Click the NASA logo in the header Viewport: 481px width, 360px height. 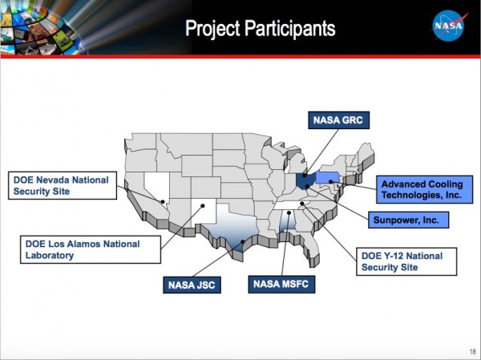450,26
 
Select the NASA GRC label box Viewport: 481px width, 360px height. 336,121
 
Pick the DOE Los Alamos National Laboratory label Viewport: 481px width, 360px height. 81,249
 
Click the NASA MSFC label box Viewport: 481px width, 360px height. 281,284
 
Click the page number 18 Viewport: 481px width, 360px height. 469,352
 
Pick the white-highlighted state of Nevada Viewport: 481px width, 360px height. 159,189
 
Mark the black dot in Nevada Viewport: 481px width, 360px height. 163,201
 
